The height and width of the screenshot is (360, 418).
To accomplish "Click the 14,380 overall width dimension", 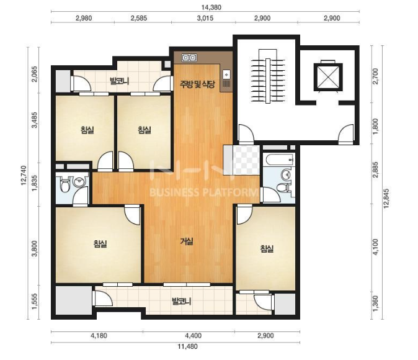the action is coord(211,7).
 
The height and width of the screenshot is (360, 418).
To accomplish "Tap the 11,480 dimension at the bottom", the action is coord(187,346).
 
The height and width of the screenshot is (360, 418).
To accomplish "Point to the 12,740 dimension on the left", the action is coord(24,175).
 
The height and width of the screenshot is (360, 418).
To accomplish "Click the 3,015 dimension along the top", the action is coord(205,18).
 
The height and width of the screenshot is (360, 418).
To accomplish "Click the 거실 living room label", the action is coord(187,241).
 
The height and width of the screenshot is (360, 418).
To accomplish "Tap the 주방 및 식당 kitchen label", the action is coord(197,84).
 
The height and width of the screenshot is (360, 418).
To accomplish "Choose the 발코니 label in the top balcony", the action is coord(120,81).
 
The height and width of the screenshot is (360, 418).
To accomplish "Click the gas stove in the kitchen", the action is coord(189,57).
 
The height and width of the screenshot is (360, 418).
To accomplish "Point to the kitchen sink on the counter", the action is coord(226,74).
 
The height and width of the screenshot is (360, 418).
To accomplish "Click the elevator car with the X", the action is coord(328,77).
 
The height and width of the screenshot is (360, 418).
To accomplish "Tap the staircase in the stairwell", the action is coord(268,81).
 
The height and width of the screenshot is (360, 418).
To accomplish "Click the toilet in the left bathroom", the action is coord(64,184).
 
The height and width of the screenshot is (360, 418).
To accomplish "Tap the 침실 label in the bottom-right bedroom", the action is coord(267,249).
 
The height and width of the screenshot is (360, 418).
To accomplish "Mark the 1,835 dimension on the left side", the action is coord(35,184).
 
